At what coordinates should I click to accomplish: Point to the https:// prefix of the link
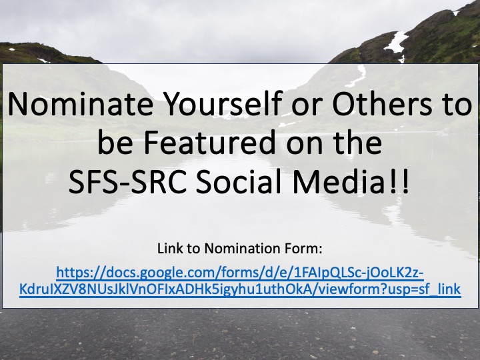pyautogui.click(x=75, y=273)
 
